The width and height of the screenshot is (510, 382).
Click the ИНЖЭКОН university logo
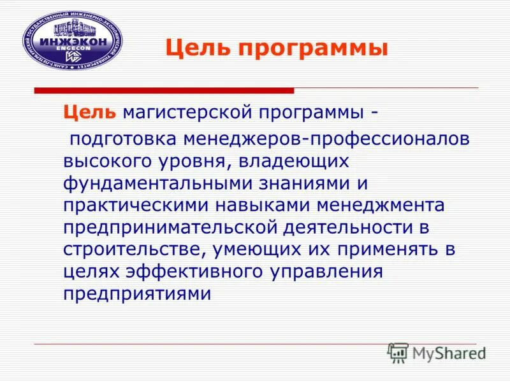(72, 40)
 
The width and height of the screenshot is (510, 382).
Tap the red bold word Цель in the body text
(89, 113)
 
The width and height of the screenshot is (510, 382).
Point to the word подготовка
(124, 138)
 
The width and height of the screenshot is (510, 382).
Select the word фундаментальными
(147, 183)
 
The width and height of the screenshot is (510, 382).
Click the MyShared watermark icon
(398, 352)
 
